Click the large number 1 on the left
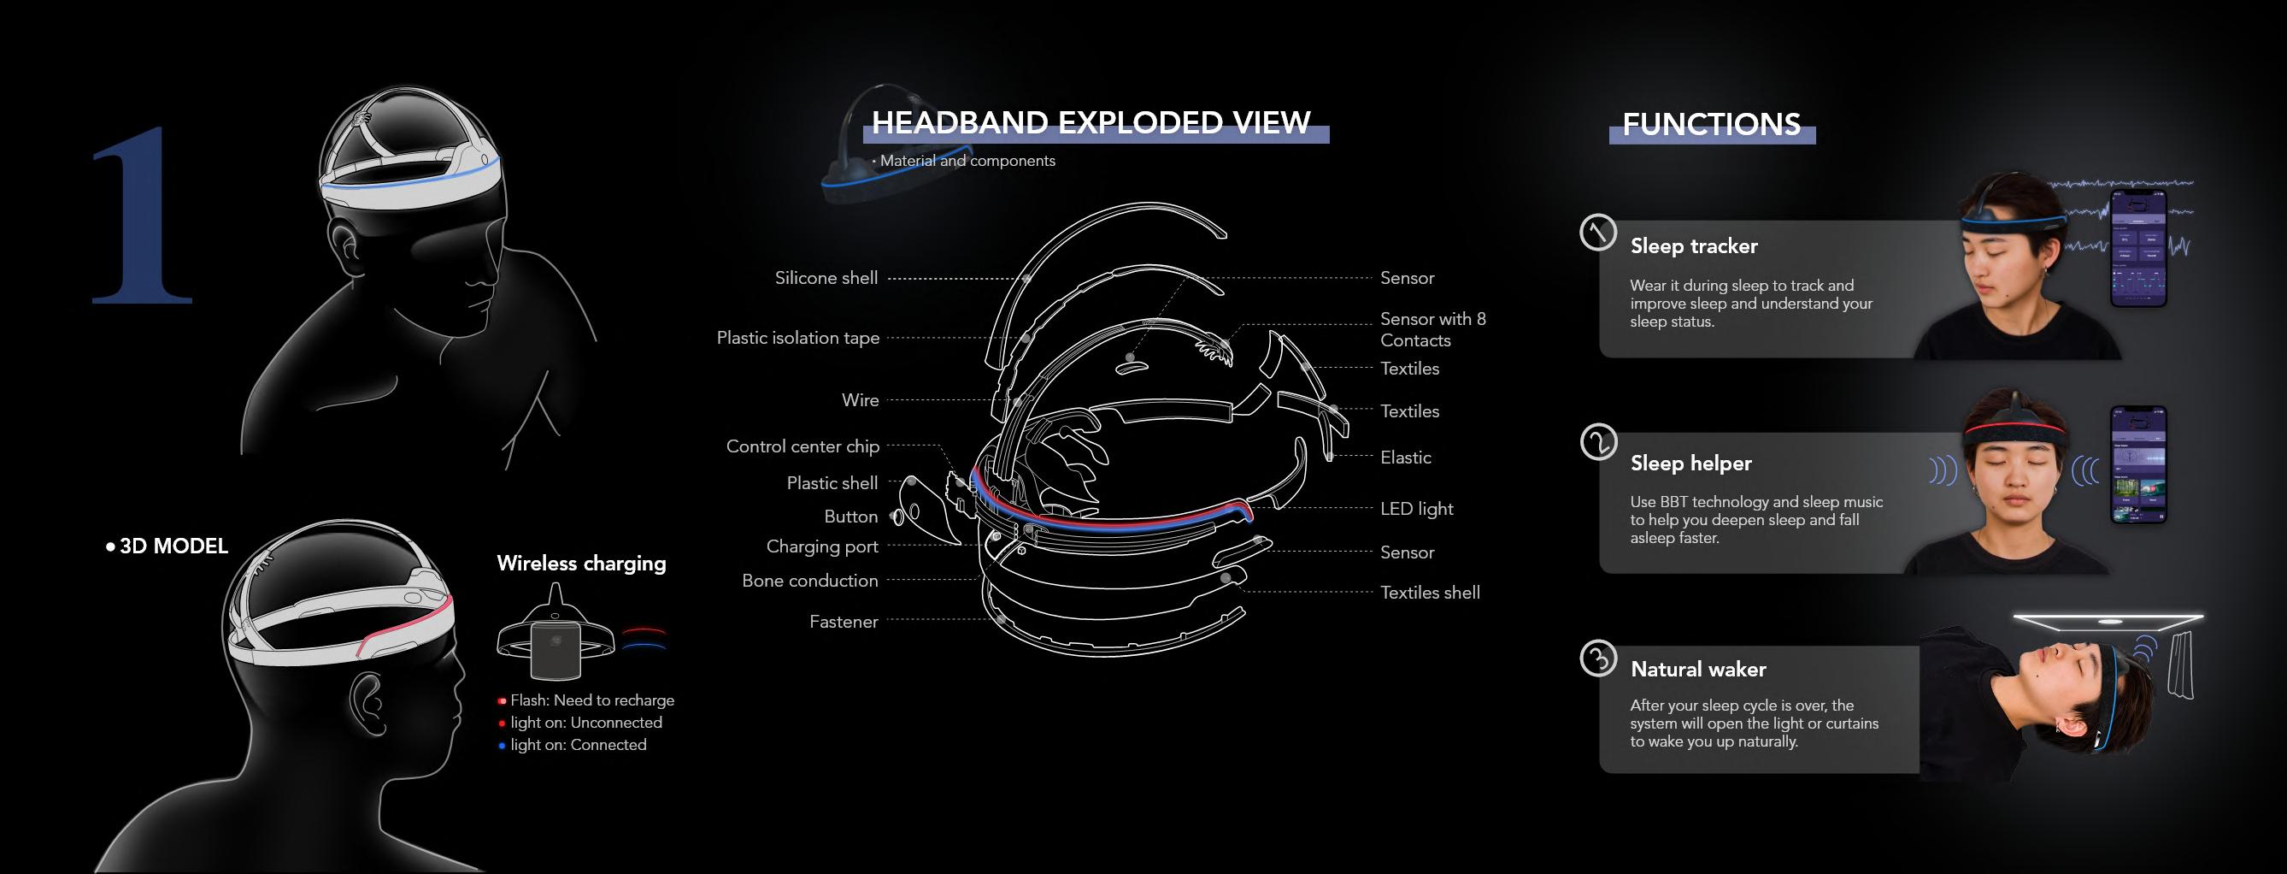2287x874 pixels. (142, 217)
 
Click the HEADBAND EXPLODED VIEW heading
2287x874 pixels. (1091, 122)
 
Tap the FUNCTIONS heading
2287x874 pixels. (1711, 124)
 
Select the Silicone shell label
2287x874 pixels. (826, 278)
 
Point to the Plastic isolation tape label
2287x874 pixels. (797, 338)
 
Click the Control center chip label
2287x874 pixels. (802, 446)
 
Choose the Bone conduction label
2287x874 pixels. (808, 581)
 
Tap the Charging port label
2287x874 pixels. (821, 546)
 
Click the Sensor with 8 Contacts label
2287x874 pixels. (1432, 329)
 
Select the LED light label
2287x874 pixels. (1416, 509)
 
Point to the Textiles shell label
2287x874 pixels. (1429, 593)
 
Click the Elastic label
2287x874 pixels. (1405, 458)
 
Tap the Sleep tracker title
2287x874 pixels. (1693, 246)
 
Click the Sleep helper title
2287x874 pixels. (1690, 463)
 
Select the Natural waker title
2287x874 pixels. (1697, 669)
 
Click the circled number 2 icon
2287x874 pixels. (1598, 441)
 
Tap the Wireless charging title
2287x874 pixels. (580, 563)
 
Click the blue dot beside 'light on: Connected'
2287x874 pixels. (502, 746)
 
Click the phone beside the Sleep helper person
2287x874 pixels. (2137, 464)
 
